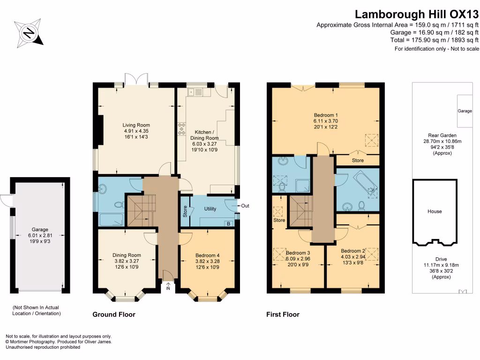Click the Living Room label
pos(136,125)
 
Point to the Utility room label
pos(210,209)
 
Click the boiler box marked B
pos(228,224)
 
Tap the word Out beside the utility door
pos(245,206)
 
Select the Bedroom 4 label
pos(207,255)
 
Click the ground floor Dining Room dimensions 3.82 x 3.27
pos(127,262)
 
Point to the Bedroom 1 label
pos(326,115)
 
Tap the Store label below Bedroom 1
pos(358,160)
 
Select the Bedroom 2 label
pos(352,250)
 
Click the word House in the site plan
pos(435,211)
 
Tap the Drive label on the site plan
pos(435,259)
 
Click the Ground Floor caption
pos(113,315)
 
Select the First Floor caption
pos(283,315)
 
